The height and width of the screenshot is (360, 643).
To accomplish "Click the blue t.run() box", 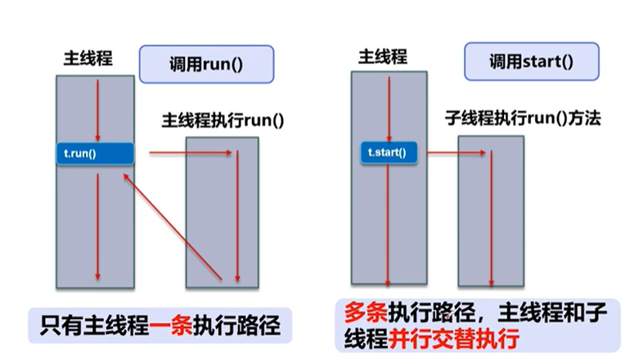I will pos(94,153).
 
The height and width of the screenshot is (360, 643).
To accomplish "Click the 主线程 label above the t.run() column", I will pos(88,59).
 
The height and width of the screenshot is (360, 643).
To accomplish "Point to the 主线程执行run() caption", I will pos(223,120).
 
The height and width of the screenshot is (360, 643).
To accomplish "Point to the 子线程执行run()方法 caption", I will pos(523,119).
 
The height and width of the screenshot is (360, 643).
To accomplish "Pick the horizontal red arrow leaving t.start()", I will pos(460,151).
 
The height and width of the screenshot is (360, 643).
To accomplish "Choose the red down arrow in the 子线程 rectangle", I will pos(492,217).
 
